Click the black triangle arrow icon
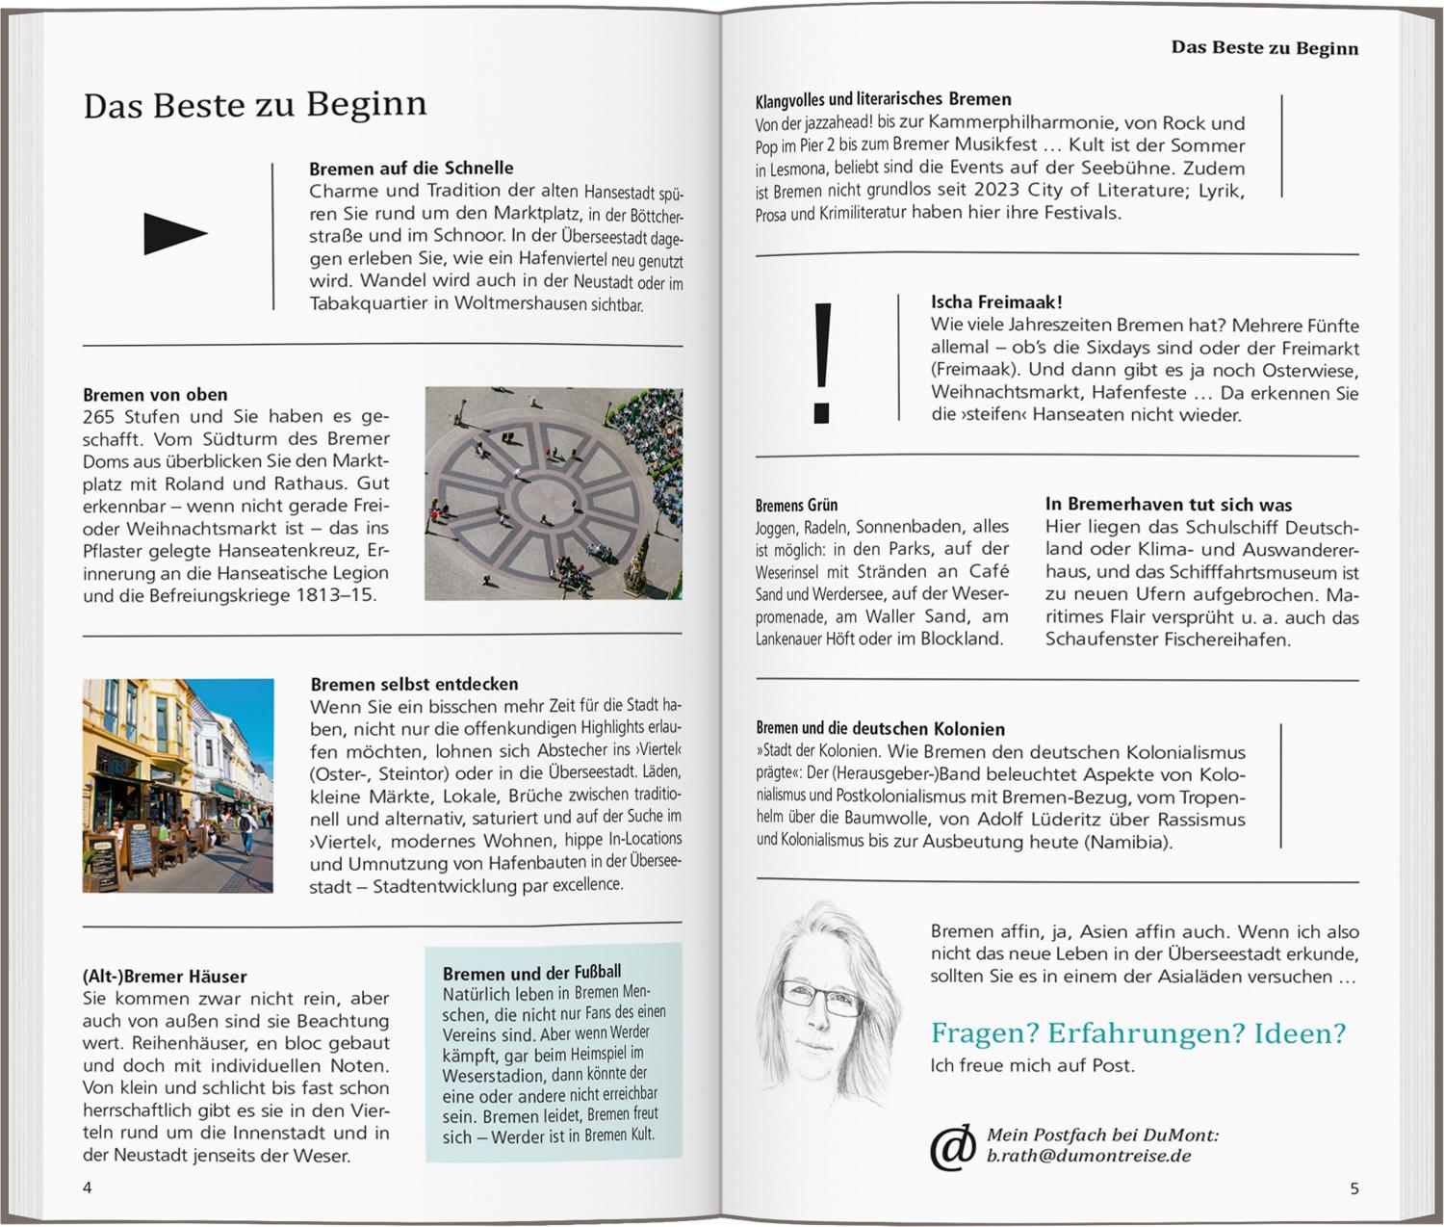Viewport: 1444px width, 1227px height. tap(174, 234)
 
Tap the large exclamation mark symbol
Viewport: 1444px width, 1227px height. tap(821, 362)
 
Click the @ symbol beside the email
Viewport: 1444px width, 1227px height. tap(951, 1146)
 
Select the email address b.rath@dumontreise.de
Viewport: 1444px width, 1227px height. tap(1088, 1156)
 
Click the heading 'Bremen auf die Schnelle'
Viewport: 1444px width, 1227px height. tap(411, 168)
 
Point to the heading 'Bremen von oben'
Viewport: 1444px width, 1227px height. tap(155, 394)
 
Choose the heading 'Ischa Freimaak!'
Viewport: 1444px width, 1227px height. tap(996, 302)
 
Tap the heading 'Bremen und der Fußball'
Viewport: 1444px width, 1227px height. tap(531, 973)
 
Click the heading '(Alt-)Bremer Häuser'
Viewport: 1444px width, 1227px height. tap(165, 976)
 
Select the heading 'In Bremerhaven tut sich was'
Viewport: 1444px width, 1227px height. tap(1169, 504)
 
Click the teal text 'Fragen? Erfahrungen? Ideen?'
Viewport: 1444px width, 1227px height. tap(1138, 1033)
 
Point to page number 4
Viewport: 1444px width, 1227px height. tap(88, 1188)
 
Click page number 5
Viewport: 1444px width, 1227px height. tap(1354, 1188)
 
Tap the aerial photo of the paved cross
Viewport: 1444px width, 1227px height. tap(554, 493)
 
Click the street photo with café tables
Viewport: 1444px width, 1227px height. tap(178, 785)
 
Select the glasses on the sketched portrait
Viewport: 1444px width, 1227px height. tap(821, 997)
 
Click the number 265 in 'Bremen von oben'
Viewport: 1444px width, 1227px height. tap(99, 417)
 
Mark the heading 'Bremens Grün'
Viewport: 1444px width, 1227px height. tap(796, 505)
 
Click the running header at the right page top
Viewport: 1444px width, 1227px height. tap(1264, 48)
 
